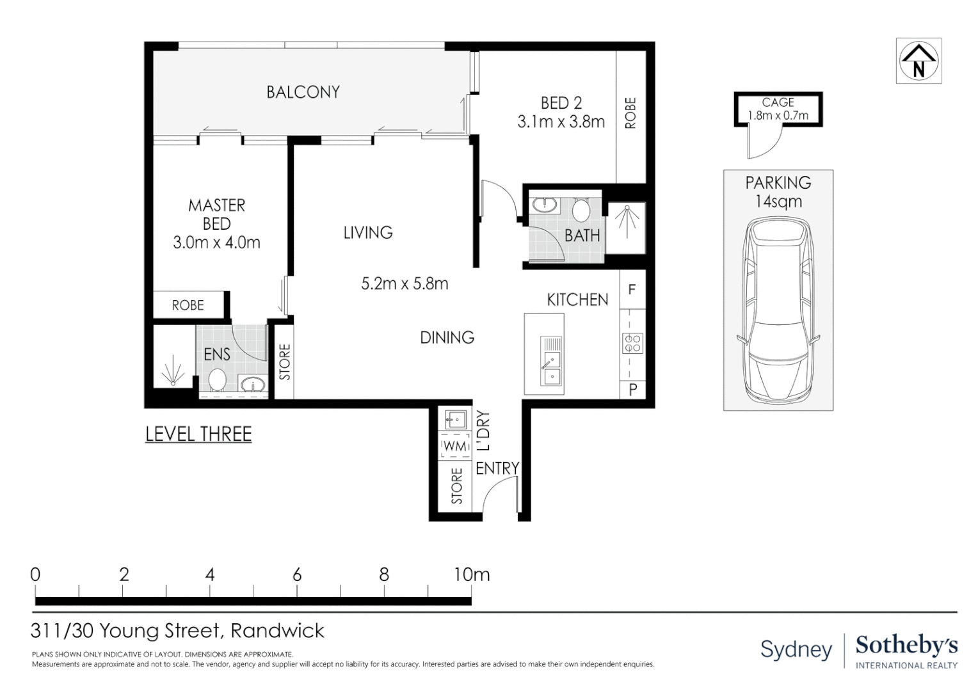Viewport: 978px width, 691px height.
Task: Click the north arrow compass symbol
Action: coord(918,61)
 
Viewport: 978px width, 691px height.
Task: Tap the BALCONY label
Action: coord(303,92)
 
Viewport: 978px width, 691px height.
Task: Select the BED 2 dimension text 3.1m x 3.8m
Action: coord(561,122)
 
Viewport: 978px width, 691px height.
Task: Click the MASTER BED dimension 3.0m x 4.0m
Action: coord(216,242)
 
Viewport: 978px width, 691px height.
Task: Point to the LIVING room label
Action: coord(367,233)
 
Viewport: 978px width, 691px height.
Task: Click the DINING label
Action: coord(447,337)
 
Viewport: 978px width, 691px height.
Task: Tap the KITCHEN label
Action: coord(577,299)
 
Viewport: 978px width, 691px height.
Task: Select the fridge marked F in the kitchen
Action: coord(632,290)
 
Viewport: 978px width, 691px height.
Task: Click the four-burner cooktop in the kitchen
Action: coord(632,344)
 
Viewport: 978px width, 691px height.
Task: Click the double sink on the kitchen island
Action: coord(550,361)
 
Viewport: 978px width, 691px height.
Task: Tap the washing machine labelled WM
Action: coord(455,445)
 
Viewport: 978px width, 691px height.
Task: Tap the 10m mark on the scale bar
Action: coord(471,575)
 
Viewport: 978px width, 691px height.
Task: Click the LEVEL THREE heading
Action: coord(198,434)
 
